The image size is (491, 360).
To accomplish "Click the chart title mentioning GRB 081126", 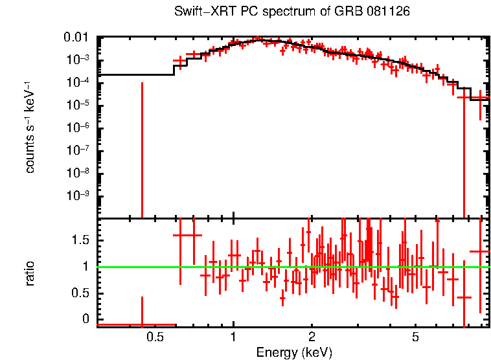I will point(292,12).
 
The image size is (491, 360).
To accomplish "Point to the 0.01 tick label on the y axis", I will point(79,38).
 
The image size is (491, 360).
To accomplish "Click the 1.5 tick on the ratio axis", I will point(82,240).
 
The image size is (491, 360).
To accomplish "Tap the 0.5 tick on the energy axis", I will point(154,337).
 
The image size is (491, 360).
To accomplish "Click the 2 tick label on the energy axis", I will point(312,337).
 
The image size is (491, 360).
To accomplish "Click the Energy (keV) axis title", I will point(293,352).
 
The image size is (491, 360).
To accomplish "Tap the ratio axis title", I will point(30,272).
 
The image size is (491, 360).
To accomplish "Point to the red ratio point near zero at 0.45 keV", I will point(142,324).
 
